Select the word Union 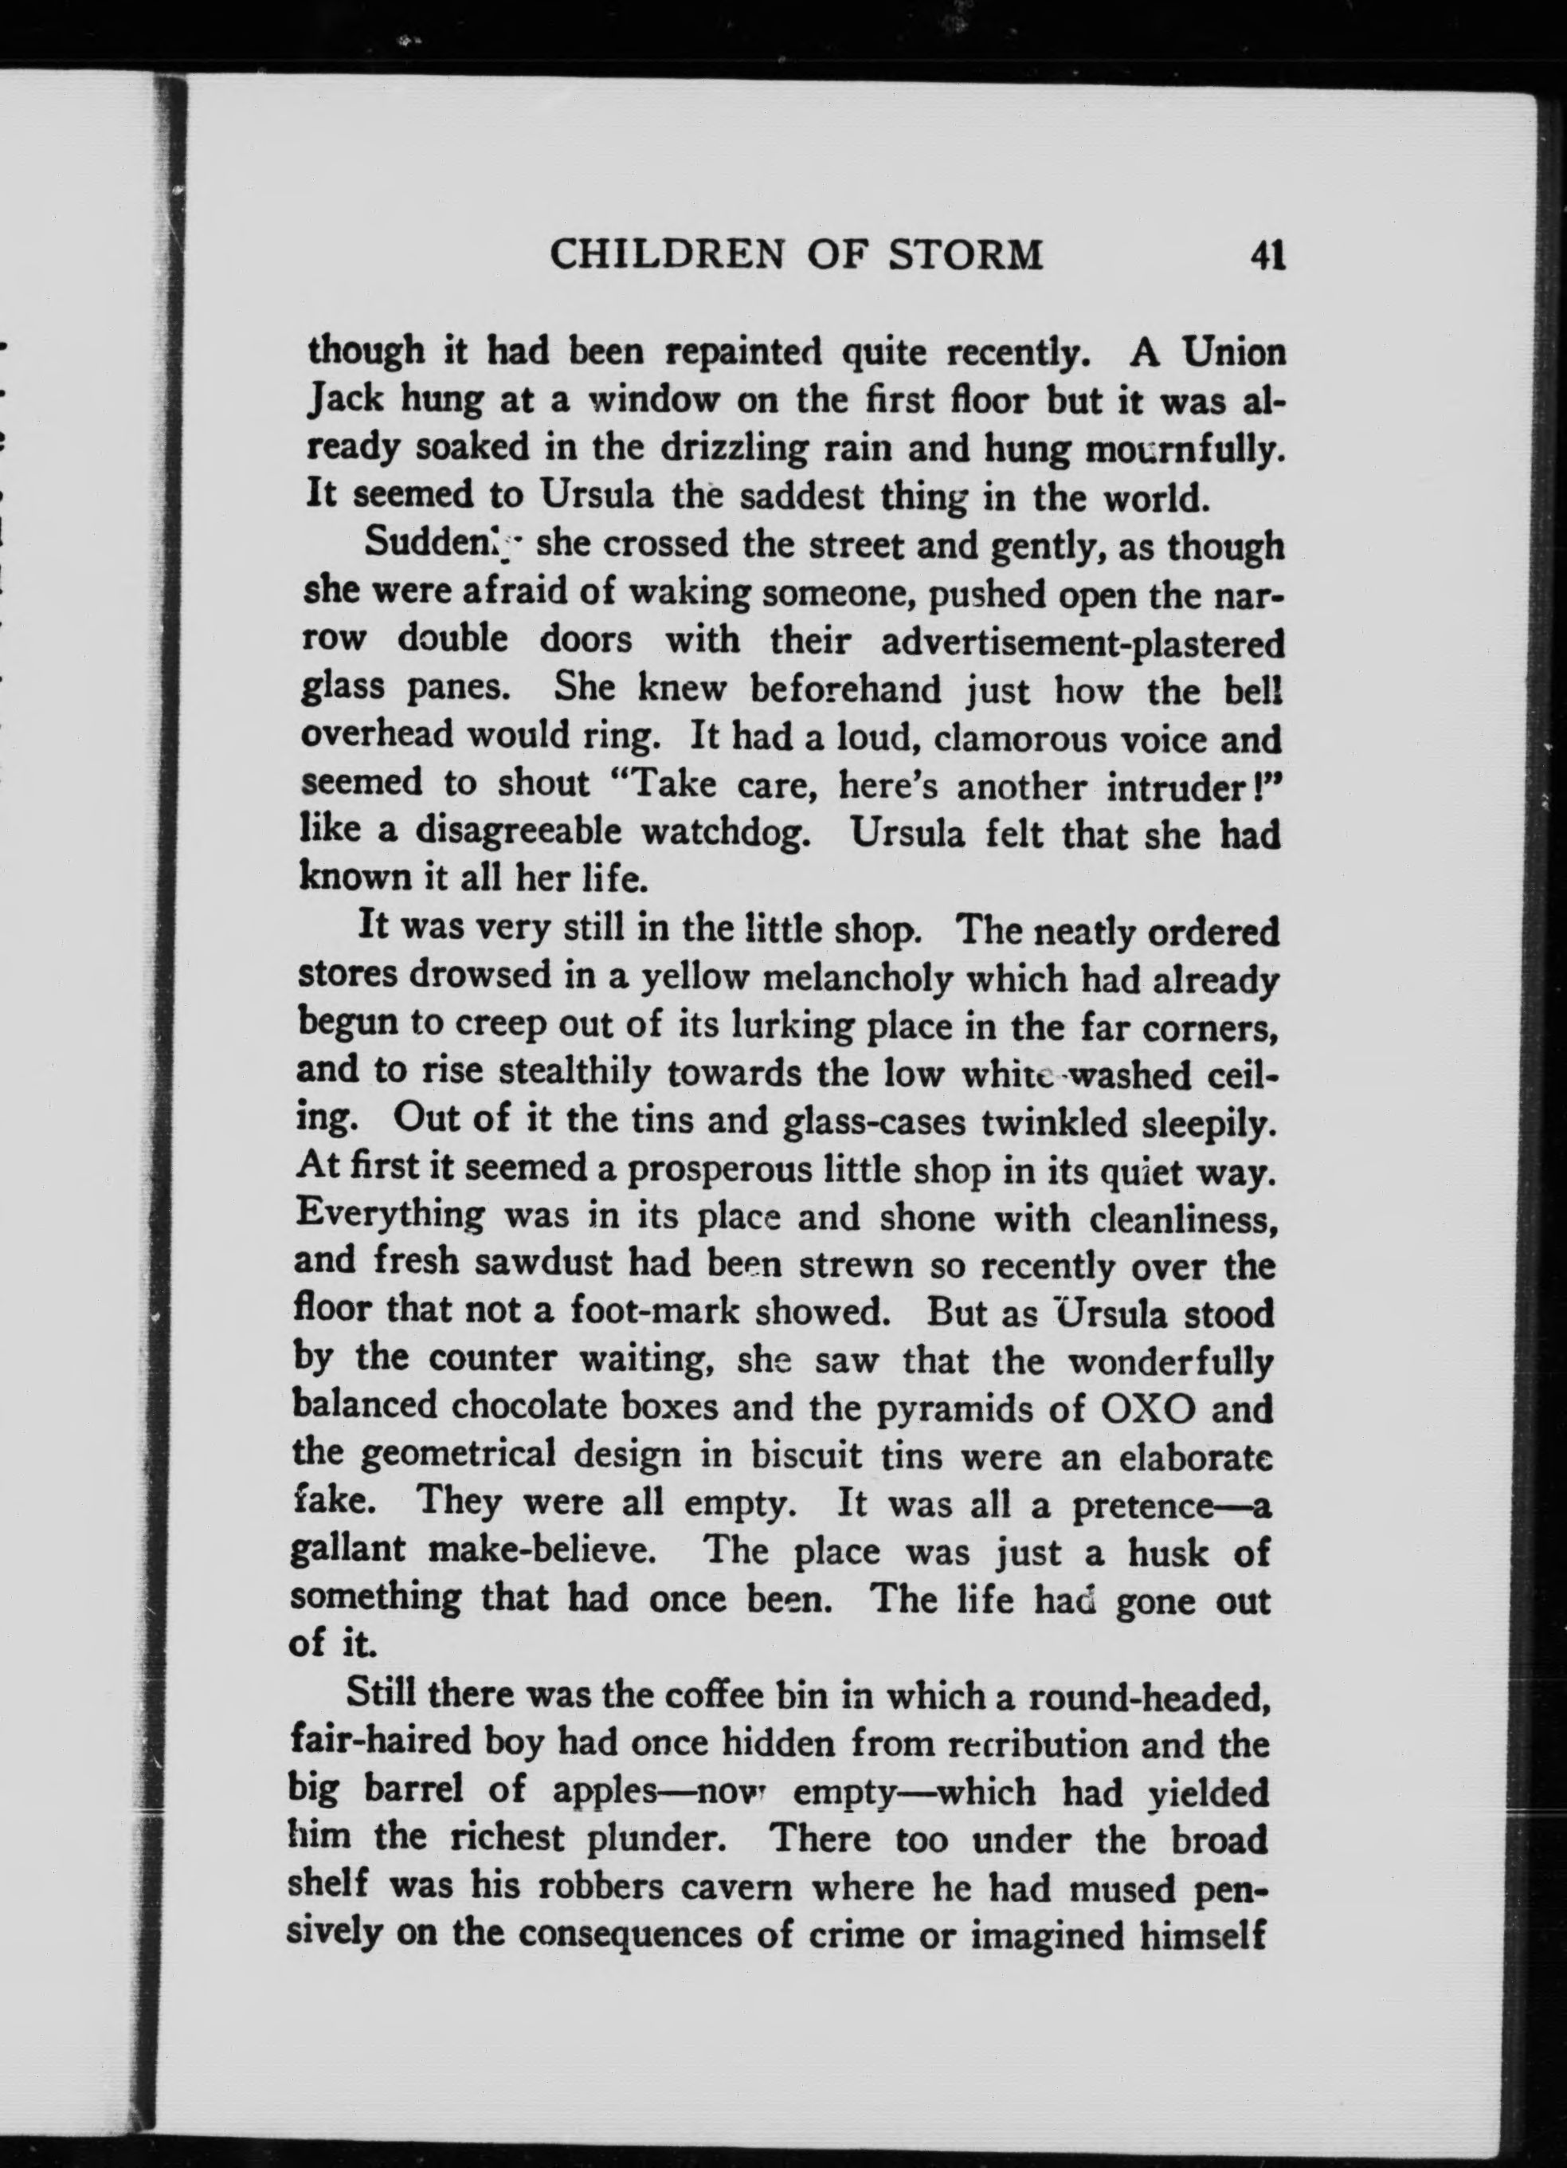(x=1233, y=353)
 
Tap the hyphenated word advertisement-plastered (x=1082, y=642)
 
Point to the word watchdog (x=727, y=835)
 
